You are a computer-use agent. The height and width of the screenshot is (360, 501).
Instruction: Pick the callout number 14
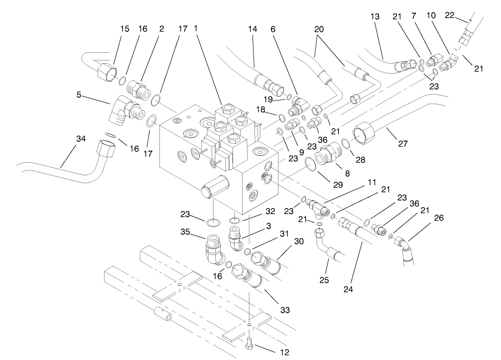tap(252, 29)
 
